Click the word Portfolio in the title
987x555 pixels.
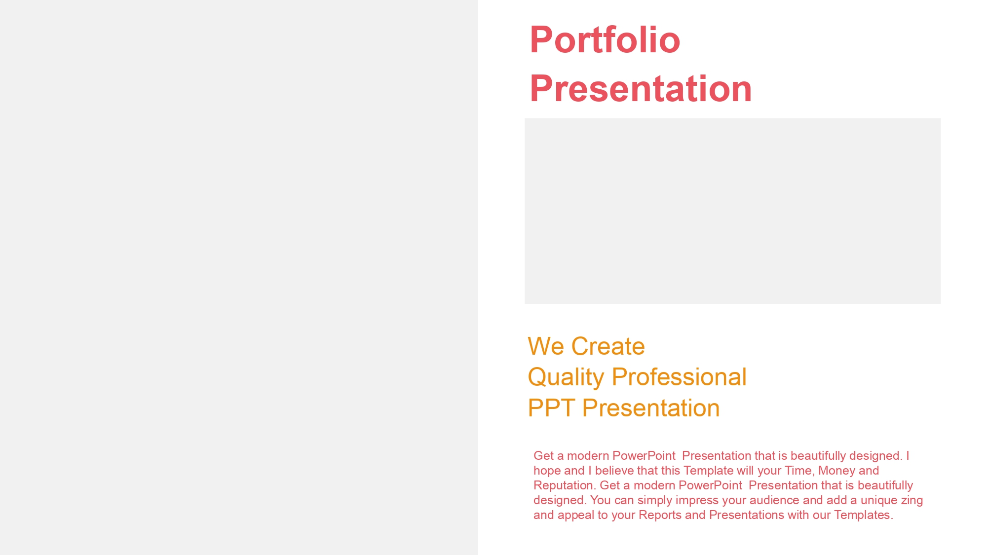click(605, 39)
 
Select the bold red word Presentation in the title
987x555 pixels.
click(641, 89)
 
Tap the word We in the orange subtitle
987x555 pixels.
click(546, 346)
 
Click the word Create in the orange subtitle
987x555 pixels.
click(608, 346)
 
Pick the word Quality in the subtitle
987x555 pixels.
click(566, 378)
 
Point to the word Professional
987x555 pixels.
click(679, 377)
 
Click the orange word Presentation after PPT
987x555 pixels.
click(651, 408)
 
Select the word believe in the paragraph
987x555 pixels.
click(615, 471)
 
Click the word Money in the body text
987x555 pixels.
click(835, 471)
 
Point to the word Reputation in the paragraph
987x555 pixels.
click(563, 486)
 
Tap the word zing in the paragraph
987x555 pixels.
click(912, 501)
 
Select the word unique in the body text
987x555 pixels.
click(879, 501)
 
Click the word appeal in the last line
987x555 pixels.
click(575, 516)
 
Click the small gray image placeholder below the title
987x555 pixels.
click(732, 211)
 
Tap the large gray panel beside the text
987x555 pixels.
click(239, 277)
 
